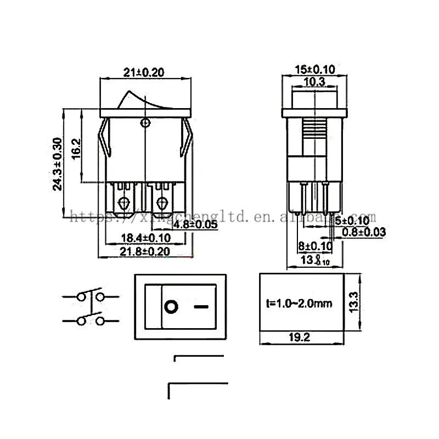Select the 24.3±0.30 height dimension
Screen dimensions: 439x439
pos(57,164)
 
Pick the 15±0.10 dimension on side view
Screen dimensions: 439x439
pos(314,70)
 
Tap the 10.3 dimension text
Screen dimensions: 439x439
pos(314,82)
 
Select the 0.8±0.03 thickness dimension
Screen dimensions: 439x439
pos(363,232)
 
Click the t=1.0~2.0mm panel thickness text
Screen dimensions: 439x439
pos(300,303)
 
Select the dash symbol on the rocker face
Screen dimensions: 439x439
pos(202,306)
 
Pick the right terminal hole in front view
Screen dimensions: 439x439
pos(162,203)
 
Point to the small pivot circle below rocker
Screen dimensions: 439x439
pos(145,122)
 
